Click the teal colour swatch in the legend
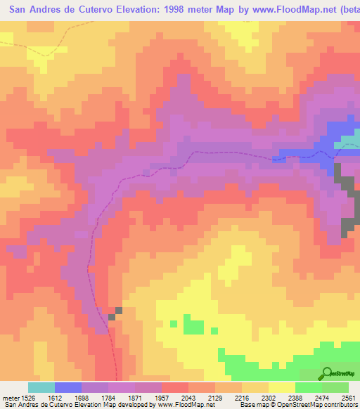pos(41,387)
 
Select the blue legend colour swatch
pos(67,387)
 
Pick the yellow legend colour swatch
pos(281,387)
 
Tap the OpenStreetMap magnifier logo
pos(328,373)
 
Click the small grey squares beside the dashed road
pos(115,313)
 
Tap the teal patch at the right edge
pos(347,145)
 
